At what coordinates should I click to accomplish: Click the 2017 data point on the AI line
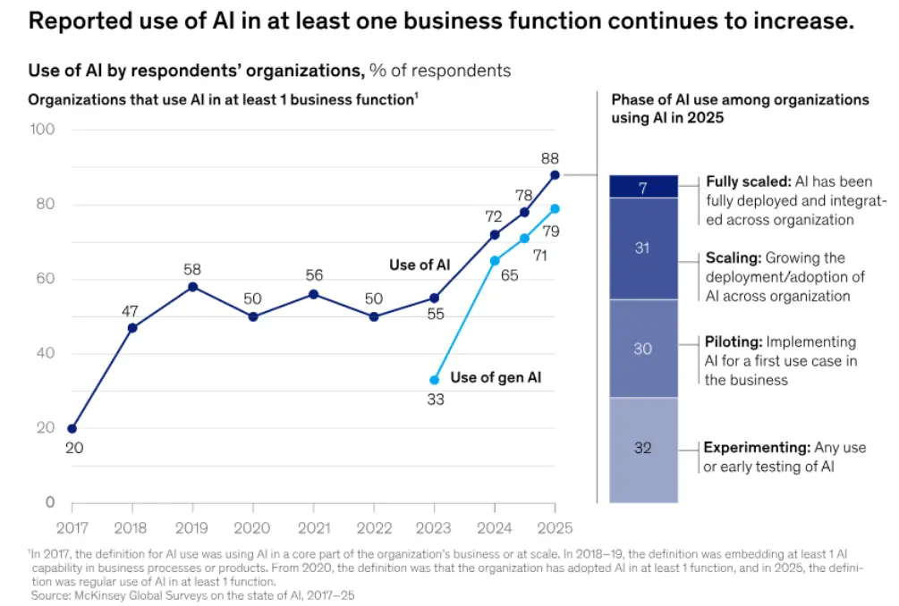[72, 428]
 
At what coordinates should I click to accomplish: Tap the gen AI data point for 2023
[435, 380]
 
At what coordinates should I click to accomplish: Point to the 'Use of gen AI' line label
[496, 377]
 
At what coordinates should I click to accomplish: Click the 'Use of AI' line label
[420, 265]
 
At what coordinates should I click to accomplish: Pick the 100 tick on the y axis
[43, 130]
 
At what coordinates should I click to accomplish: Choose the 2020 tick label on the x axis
[252, 527]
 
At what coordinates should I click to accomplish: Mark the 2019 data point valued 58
[192, 287]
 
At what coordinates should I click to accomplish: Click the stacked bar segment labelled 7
[642, 187]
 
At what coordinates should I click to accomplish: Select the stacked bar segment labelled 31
[642, 248]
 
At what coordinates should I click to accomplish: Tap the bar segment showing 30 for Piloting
[642, 349]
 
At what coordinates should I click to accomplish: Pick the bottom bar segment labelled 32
[642, 449]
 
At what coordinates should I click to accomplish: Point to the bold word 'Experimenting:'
[755, 448]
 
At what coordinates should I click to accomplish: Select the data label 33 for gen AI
[435, 400]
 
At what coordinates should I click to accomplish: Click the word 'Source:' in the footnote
[52, 594]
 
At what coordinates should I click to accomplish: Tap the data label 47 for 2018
[132, 310]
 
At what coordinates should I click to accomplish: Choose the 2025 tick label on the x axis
[555, 527]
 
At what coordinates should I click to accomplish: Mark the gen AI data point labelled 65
[495, 261]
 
